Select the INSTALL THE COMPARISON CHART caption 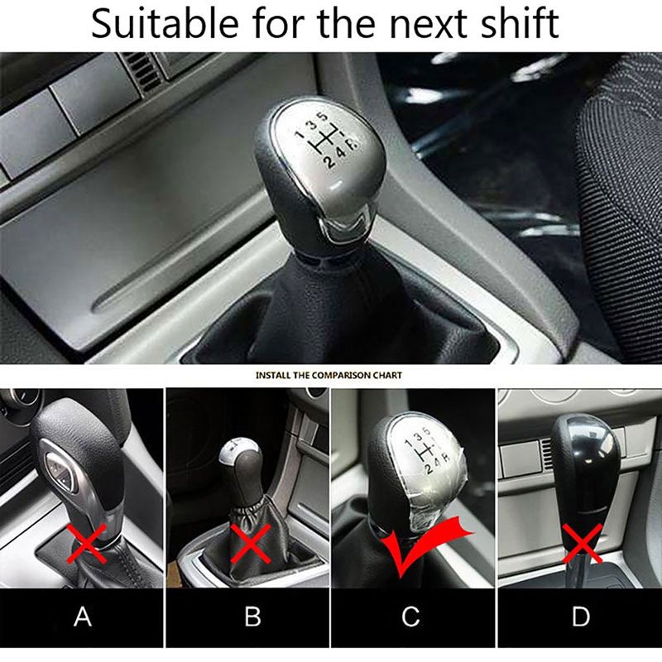coord(329,375)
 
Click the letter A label coord(83,616)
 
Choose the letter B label coord(252,616)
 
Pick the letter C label coord(410,616)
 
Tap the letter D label coord(581,616)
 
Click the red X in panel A coord(88,544)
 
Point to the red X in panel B coord(251,544)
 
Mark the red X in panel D coord(583,544)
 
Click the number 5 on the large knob coord(323,117)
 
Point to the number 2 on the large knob coord(329,161)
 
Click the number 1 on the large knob coord(300,134)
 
